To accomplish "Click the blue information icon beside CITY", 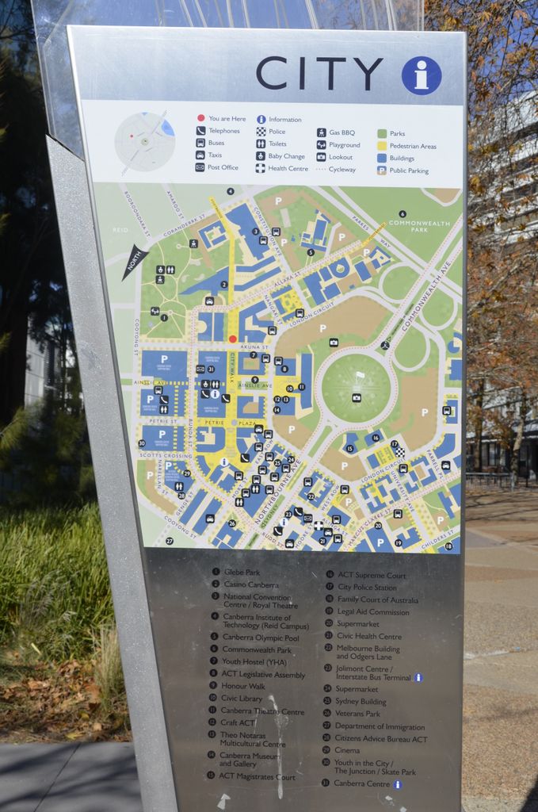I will point(421,76).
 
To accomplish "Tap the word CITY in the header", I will point(319,74).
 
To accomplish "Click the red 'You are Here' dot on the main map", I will point(232,339).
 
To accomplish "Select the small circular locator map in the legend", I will point(144,142).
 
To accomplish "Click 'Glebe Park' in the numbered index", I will point(241,572).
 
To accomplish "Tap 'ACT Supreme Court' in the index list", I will point(371,576).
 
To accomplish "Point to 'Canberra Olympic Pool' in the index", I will point(260,637).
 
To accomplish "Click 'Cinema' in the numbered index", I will point(346,750).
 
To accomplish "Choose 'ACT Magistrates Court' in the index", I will point(256,776).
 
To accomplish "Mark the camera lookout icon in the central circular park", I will point(357,397).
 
